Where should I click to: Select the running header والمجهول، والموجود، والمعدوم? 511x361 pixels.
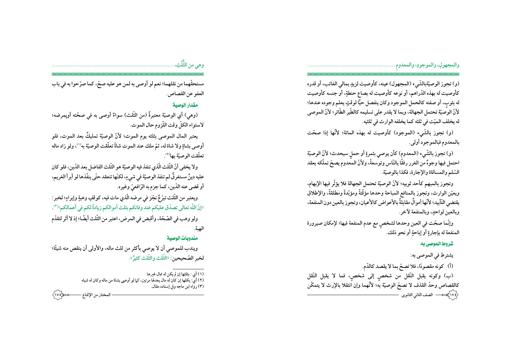coord(427,65)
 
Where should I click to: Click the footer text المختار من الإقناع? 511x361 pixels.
coord(96,294)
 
